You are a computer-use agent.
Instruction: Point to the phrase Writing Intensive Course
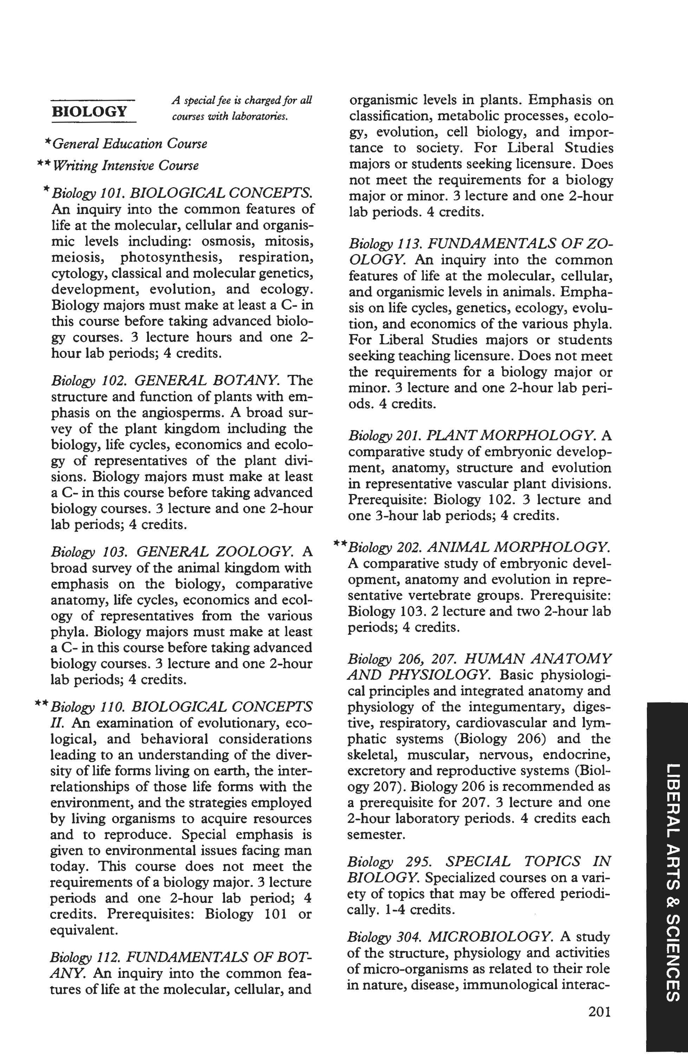coord(125,166)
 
